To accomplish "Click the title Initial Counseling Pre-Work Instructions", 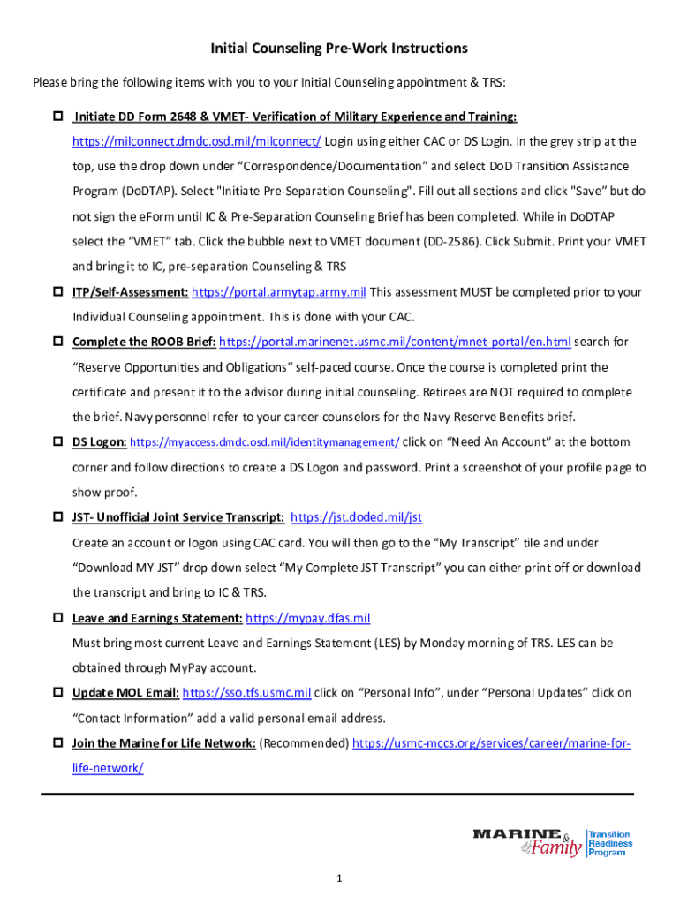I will (339, 48).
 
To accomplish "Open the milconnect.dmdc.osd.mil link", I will (197, 141).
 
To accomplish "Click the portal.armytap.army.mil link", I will (278, 292).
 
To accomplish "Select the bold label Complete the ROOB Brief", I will (143, 342).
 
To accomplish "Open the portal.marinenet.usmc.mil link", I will (395, 342).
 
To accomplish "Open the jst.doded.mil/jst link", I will (362, 517).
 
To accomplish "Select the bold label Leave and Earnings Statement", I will (157, 618).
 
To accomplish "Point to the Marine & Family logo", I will (528, 843).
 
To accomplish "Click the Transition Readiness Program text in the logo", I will (610, 843).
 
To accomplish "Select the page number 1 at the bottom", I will (339, 878).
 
